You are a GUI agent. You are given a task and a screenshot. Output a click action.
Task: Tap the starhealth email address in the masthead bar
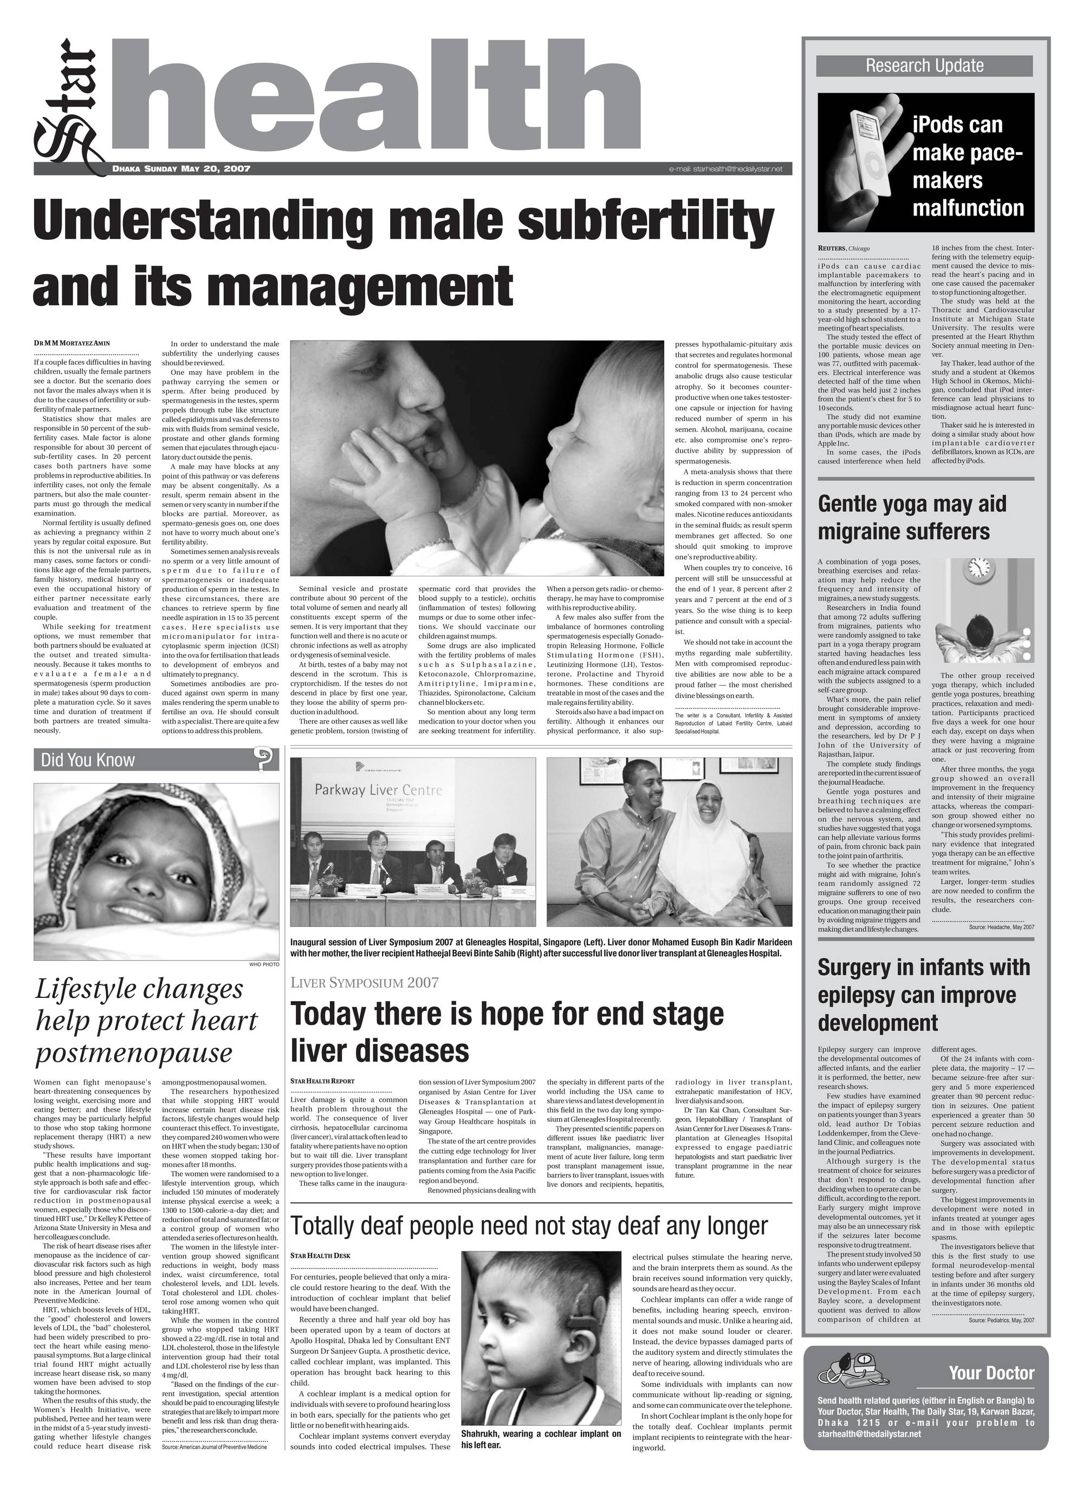coord(725,169)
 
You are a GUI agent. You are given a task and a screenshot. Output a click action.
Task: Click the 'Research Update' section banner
coord(924,66)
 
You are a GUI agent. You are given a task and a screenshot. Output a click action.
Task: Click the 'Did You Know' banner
coord(88,760)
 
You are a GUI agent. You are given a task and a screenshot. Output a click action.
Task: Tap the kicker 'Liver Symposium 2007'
coord(364,982)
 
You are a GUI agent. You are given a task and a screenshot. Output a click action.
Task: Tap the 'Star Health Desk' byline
coord(320,1256)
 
